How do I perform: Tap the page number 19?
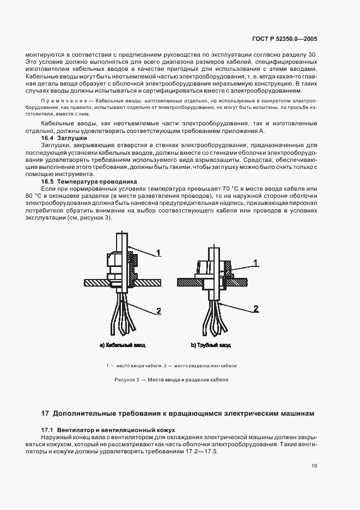pos(314,465)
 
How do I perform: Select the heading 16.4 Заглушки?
pos(57,139)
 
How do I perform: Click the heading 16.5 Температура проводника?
pos(82,181)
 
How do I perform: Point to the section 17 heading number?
pos(46,414)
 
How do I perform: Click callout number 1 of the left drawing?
pos(158,253)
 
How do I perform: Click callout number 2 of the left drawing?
pos(158,311)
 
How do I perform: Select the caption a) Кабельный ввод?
pos(123,345)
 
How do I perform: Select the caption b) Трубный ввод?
pos(210,345)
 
